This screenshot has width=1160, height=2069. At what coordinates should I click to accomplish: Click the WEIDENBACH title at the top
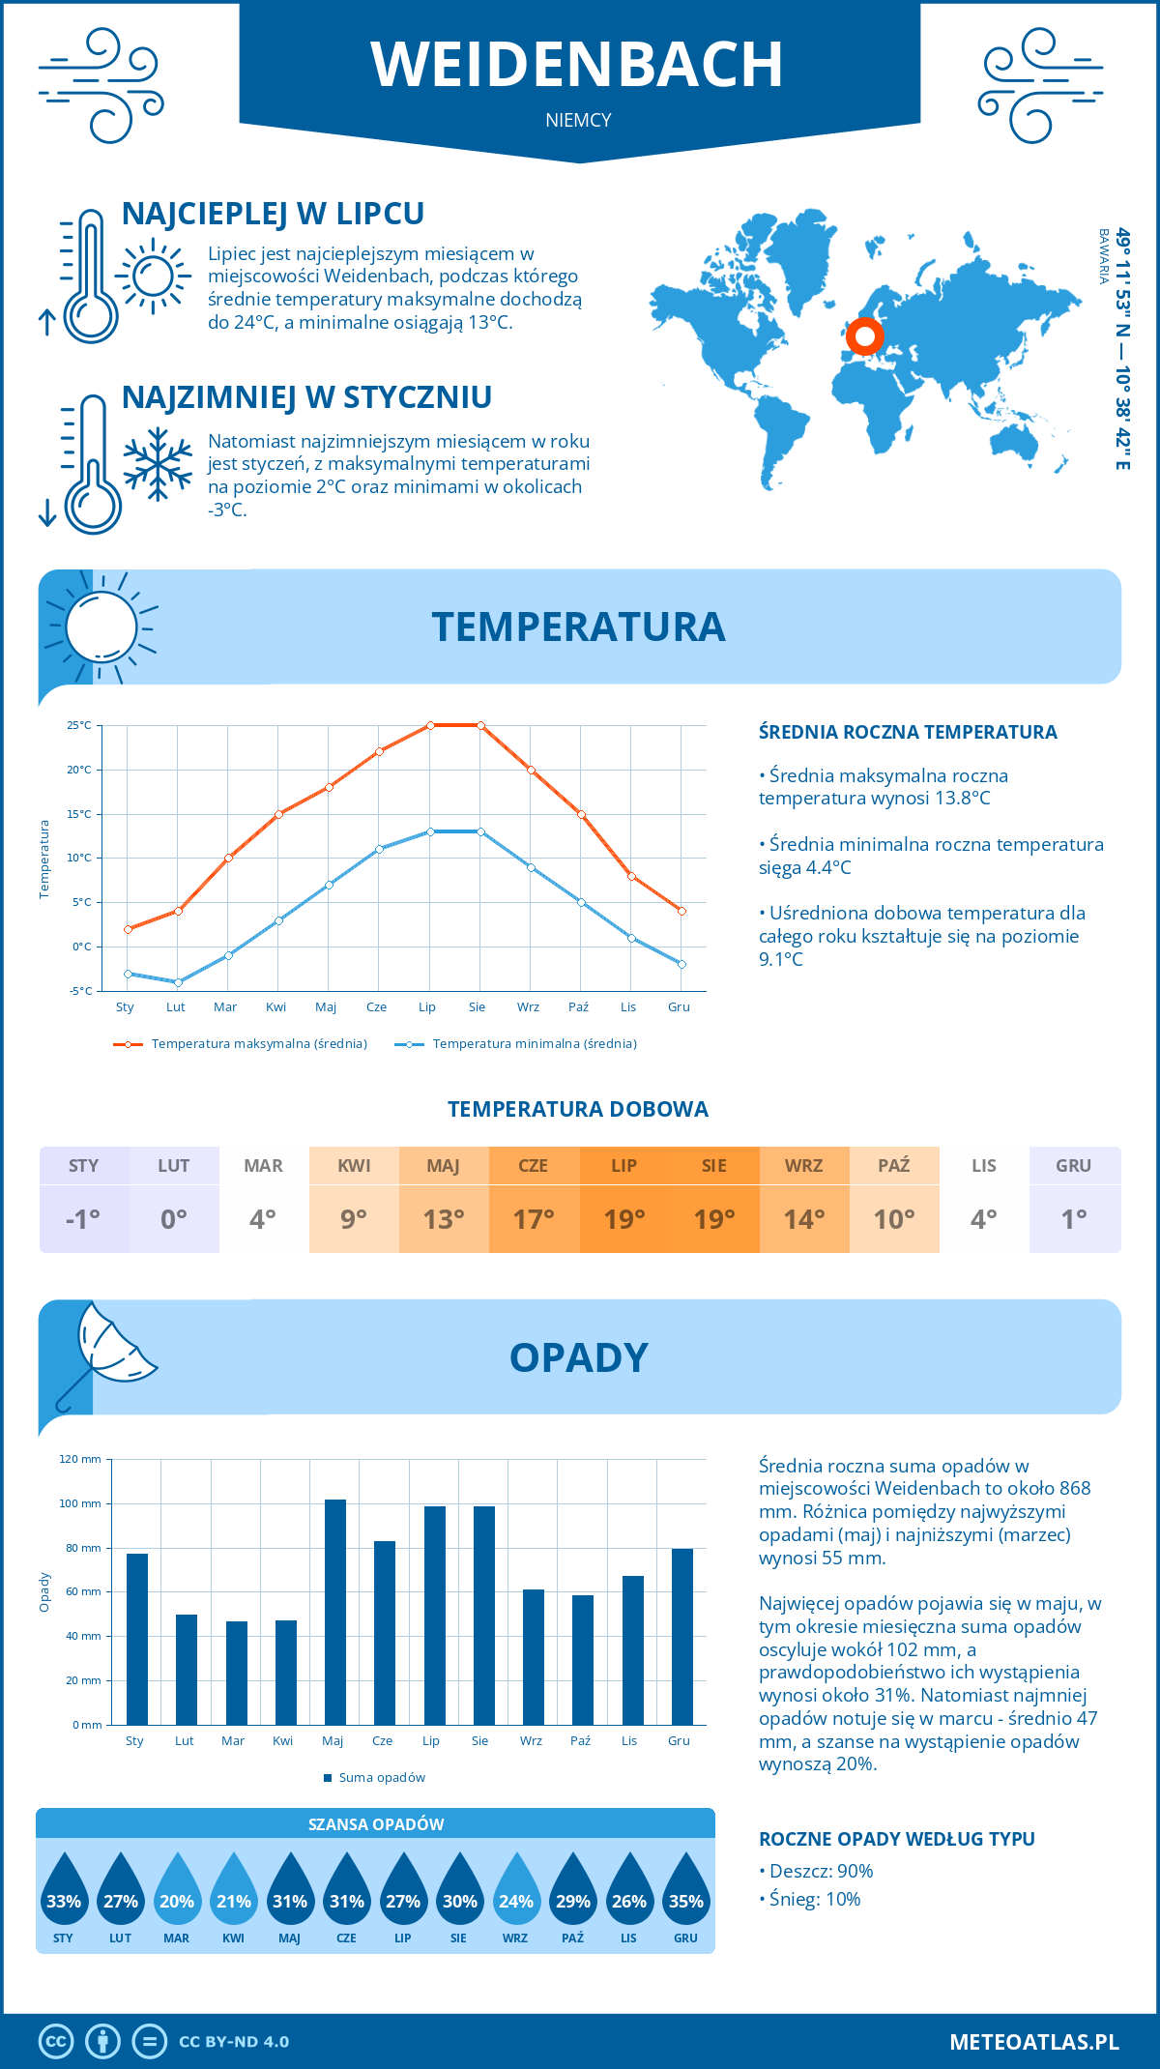pyautogui.click(x=577, y=65)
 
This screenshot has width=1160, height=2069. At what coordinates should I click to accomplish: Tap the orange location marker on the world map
pyautogui.click(x=864, y=336)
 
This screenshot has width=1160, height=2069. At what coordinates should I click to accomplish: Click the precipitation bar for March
pyautogui.click(x=236, y=1673)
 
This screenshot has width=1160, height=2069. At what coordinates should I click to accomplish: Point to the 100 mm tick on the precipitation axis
pyautogui.click(x=81, y=1503)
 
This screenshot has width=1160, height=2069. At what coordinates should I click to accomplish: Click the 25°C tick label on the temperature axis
pyautogui.click(x=79, y=725)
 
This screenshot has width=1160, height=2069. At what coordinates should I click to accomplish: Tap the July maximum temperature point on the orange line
pyautogui.click(x=430, y=725)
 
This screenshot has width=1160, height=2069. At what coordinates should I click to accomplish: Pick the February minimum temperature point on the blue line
pyautogui.click(x=178, y=982)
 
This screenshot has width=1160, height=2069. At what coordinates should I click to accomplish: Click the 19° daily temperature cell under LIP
pyautogui.click(x=623, y=1219)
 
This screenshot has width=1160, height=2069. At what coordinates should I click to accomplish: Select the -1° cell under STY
pyautogui.click(x=83, y=1219)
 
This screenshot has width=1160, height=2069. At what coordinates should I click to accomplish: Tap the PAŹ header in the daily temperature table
pyautogui.click(x=893, y=1166)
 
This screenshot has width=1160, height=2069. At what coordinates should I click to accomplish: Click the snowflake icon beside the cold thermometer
pyautogui.click(x=158, y=464)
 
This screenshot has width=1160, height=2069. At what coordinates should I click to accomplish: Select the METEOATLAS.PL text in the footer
pyautogui.click(x=1033, y=2042)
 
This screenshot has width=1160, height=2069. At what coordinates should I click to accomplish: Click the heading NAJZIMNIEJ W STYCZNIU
pyautogui.click(x=306, y=397)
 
